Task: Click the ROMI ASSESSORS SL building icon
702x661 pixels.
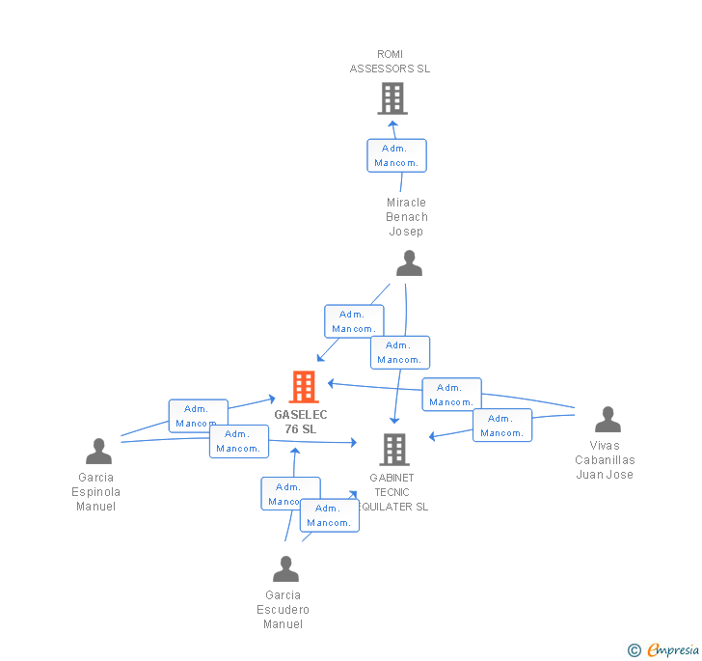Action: click(391, 98)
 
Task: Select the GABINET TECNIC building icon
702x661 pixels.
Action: click(393, 449)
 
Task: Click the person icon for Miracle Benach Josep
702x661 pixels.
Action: click(409, 263)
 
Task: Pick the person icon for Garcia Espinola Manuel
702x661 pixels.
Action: click(98, 451)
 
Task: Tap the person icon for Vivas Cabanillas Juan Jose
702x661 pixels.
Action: click(607, 420)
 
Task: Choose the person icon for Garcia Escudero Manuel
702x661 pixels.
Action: click(285, 569)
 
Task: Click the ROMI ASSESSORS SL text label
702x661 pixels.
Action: click(390, 62)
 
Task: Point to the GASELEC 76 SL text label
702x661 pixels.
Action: click(301, 422)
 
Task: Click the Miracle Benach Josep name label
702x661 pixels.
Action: click(407, 217)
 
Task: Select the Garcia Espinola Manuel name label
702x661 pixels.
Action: click(95, 492)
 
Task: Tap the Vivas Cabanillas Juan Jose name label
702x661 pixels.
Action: click(605, 460)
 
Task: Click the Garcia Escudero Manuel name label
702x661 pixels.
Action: click(283, 610)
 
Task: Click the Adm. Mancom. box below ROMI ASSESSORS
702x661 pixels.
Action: click(396, 155)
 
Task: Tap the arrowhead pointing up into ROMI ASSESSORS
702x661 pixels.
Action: click(392, 124)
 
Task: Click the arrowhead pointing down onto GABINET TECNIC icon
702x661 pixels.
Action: click(394, 420)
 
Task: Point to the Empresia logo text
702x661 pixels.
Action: click(673, 649)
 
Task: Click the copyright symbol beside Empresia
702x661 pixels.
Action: click(634, 650)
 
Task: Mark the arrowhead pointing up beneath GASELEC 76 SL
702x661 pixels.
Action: click(296, 452)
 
